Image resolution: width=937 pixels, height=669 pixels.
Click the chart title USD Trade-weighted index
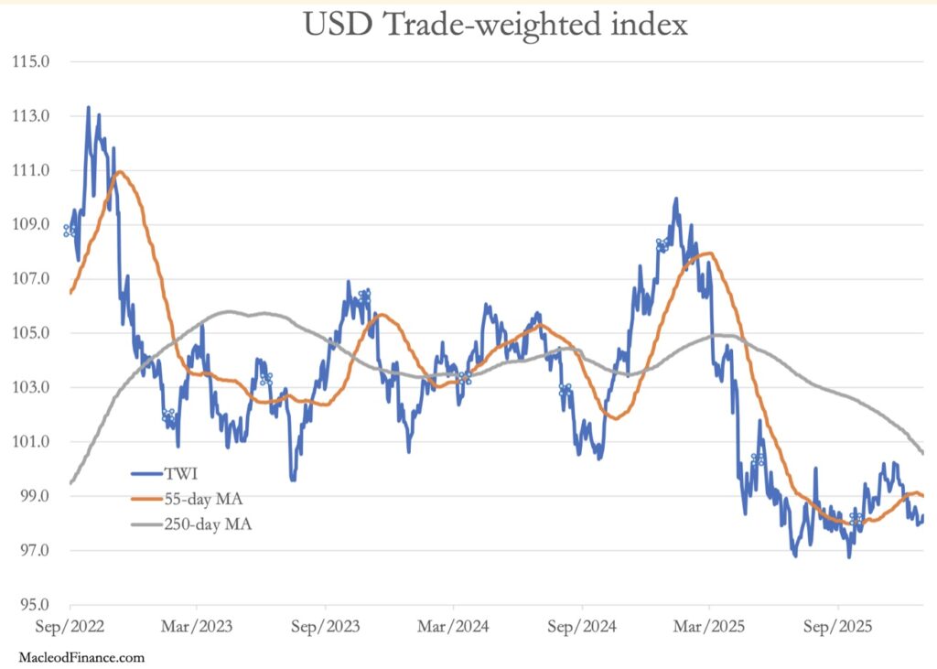click(x=495, y=26)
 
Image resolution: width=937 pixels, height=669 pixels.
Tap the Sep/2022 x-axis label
click(x=70, y=629)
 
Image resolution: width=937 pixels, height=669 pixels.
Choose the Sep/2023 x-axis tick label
click(x=325, y=629)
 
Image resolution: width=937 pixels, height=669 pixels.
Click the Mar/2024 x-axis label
click(x=453, y=629)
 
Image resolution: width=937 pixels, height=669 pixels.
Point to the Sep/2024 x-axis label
click(x=581, y=629)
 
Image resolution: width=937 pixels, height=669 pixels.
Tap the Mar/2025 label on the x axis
click(x=709, y=629)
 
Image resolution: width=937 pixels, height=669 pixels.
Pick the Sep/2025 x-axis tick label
click(x=837, y=629)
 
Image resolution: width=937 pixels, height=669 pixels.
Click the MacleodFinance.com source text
click(x=81, y=657)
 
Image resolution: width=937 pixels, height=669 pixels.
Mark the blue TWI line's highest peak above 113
click(x=89, y=108)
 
